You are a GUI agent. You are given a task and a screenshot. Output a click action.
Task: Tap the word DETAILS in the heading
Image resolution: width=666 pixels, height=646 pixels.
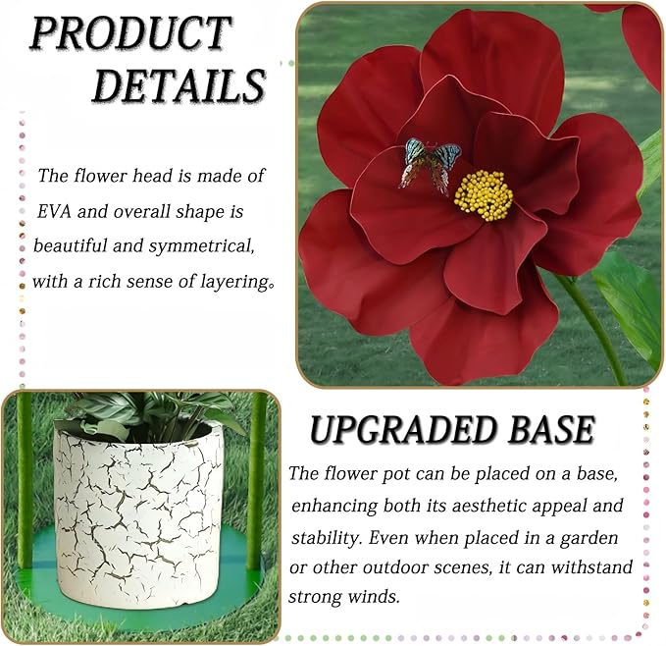[x=179, y=86]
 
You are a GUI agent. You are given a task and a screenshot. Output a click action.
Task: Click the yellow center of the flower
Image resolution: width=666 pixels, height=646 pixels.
[x=484, y=194]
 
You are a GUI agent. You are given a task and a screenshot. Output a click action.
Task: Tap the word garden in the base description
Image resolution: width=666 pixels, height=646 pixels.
[x=610, y=538]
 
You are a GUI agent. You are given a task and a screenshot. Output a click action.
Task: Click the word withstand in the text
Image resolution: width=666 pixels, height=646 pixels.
[x=597, y=567]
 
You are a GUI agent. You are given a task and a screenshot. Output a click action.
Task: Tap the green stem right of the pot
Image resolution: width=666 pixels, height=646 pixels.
[x=257, y=481]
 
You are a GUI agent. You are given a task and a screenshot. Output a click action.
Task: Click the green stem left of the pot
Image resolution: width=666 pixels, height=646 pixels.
[x=25, y=481]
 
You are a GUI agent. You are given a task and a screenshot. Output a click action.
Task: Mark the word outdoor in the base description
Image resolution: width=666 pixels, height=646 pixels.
[x=414, y=567]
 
